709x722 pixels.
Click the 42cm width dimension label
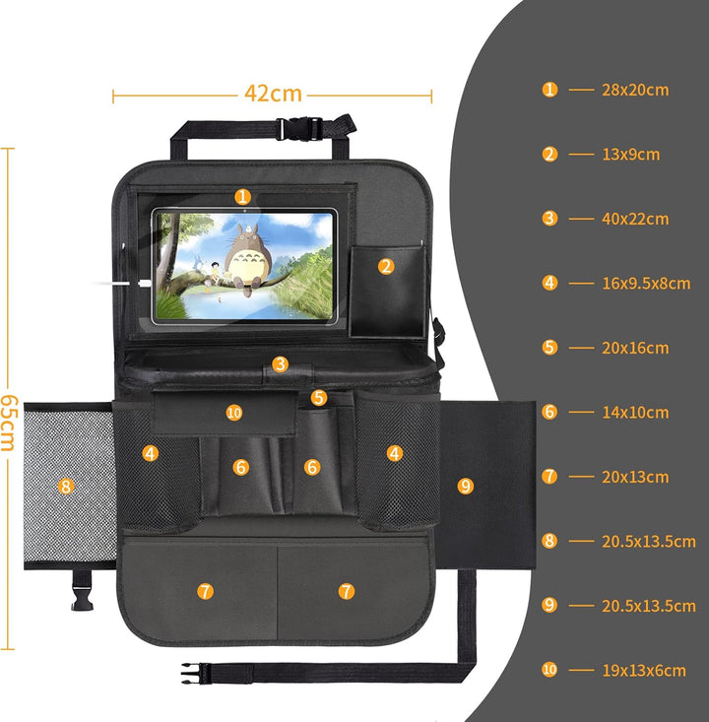273,94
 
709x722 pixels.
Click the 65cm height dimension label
9,423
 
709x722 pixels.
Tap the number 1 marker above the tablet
242,197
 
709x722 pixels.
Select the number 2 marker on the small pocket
386,267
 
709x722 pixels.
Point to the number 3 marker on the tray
280,364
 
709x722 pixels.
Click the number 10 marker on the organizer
234,413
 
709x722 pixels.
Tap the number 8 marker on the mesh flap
66,487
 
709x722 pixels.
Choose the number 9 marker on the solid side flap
466,487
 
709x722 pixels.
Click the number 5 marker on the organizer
319,397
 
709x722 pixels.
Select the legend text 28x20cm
635,90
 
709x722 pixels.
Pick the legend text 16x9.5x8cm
646,284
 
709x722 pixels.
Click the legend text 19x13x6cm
644,671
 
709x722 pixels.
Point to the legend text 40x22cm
635,219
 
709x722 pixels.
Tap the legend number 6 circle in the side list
549,412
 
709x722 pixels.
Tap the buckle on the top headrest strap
298,128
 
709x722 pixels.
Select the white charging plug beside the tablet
144,283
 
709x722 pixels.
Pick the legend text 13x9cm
631,155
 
